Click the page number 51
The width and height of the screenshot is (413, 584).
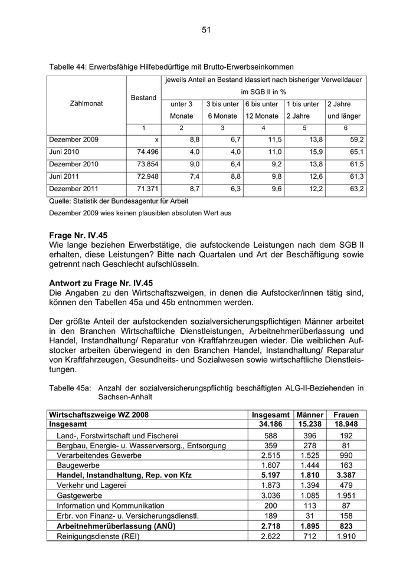coord(206,29)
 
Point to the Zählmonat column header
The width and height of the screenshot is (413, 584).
coord(86,103)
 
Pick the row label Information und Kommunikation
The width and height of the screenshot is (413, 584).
coord(110,506)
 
